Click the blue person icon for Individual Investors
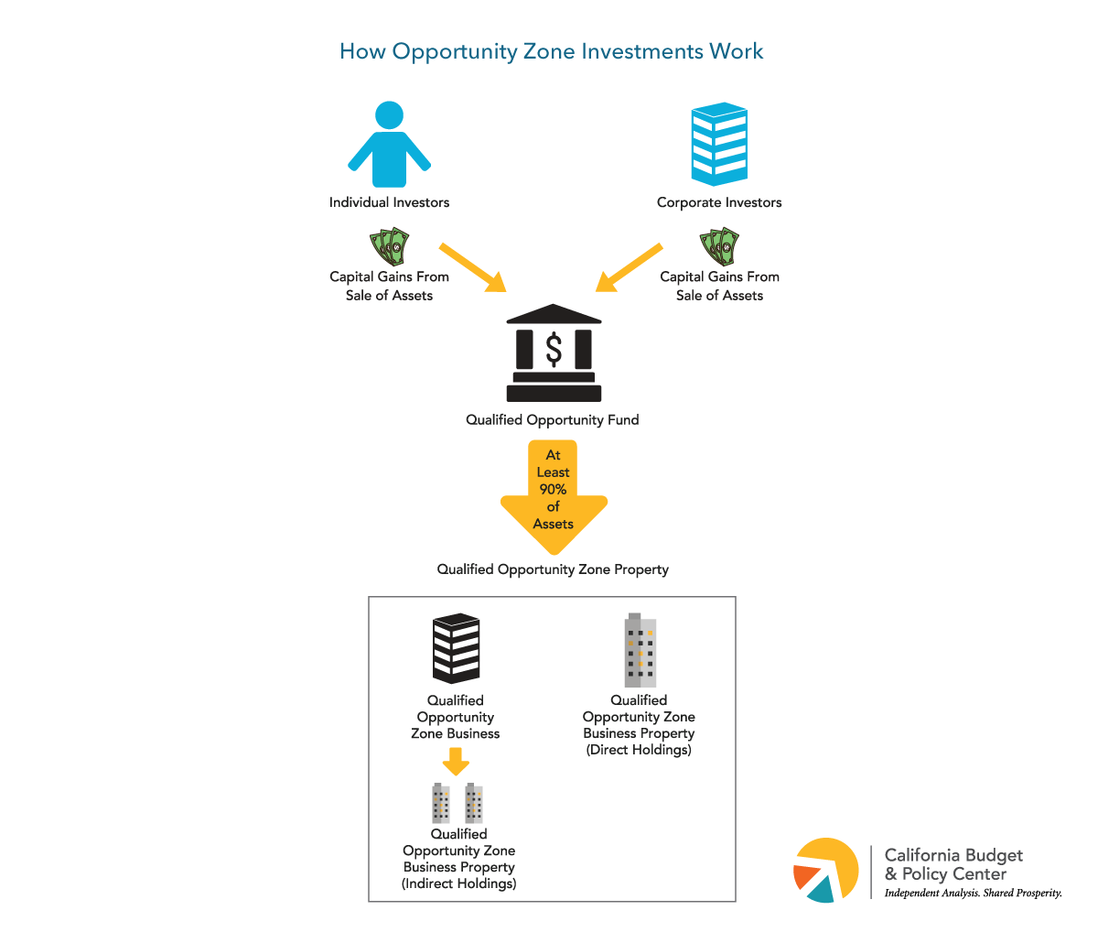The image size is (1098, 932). pos(389,146)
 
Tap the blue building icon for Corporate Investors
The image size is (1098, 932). pos(719,145)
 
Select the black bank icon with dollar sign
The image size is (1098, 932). pos(554,353)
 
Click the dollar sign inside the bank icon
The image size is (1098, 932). pos(554,349)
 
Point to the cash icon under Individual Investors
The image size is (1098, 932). pos(389,247)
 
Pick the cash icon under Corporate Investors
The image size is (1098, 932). pos(719,247)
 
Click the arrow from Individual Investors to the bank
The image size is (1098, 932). pos(474,268)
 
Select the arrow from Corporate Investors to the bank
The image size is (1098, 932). pos(629,268)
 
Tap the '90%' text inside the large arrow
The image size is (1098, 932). pos(553,490)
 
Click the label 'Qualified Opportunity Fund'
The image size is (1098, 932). pos(553,420)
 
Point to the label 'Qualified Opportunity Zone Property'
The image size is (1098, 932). pos(553,569)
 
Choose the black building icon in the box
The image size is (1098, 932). pos(456,648)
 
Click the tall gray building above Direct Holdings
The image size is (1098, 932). pos(640,651)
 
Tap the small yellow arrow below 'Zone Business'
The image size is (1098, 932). pos(455,761)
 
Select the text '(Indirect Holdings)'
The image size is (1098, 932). pos(458,883)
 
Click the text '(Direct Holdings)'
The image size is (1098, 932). pos(639,750)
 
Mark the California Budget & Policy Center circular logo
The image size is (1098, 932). pos(826,870)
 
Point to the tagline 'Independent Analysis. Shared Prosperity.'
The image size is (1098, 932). pos(973,893)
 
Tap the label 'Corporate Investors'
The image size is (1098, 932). pos(719,202)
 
